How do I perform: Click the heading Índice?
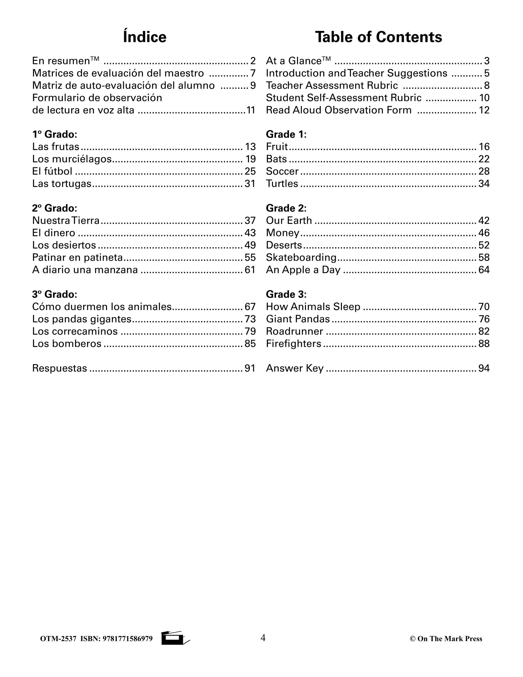click(x=145, y=37)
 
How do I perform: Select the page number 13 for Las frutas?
click(x=250, y=147)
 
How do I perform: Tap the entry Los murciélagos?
click(x=72, y=159)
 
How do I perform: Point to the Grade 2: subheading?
click(x=286, y=208)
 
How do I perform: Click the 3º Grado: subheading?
click(x=55, y=294)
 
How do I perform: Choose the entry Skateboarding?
click(x=301, y=258)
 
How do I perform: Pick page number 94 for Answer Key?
click(x=484, y=368)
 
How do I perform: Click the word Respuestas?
click(x=60, y=368)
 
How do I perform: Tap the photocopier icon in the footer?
click(x=175, y=638)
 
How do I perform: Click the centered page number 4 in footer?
click(x=263, y=638)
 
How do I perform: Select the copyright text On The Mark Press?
click(x=446, y=639)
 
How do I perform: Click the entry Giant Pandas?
click(x=298, y=319)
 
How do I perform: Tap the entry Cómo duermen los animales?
click(x=102, y=307)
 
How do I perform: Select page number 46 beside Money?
click(x=484, y=233)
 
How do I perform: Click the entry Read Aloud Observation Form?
click(x=339, y=110)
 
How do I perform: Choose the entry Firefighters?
click(x=293, y=343)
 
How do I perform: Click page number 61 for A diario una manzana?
click(x=250, y=270)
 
